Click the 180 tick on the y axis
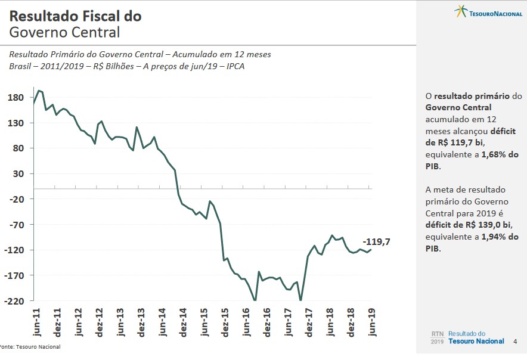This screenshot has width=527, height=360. coord(15,98)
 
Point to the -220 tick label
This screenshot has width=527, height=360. coord(14,301)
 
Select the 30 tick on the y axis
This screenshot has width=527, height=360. coord(18,174)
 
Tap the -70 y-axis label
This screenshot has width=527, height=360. coord(15,225)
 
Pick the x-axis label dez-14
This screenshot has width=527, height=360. coord(184,323)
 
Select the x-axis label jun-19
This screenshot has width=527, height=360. coord(372,323)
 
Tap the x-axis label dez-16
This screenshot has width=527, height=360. coord(267,323)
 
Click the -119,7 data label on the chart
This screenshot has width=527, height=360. coord(376,242)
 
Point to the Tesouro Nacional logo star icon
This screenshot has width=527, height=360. coord(460,11)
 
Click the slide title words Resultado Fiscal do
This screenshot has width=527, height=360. coord(76,16)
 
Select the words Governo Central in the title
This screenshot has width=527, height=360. coord(64,32)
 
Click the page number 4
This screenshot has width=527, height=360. coord(515,342)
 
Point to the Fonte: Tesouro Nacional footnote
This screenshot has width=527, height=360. coord(30,347)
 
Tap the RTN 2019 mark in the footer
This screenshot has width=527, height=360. coord(437,338)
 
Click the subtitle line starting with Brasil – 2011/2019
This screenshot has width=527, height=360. coord(126,66)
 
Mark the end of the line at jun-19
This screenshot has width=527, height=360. coord(371,250)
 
